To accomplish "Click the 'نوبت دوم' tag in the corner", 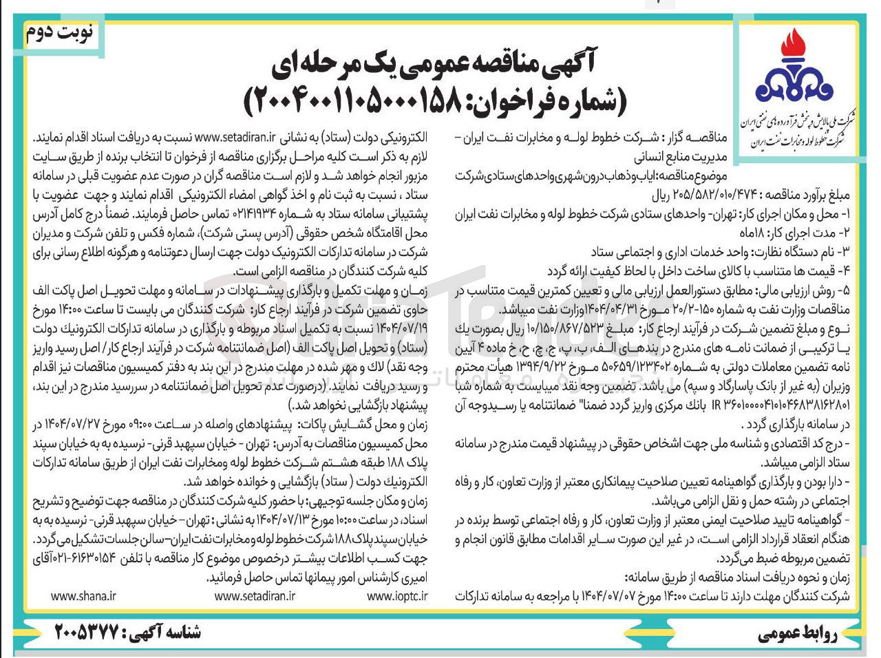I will click(x=61, y=34).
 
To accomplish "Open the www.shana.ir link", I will click(x=83, y=596).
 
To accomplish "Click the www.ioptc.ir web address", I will click(x=397, y=596).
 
